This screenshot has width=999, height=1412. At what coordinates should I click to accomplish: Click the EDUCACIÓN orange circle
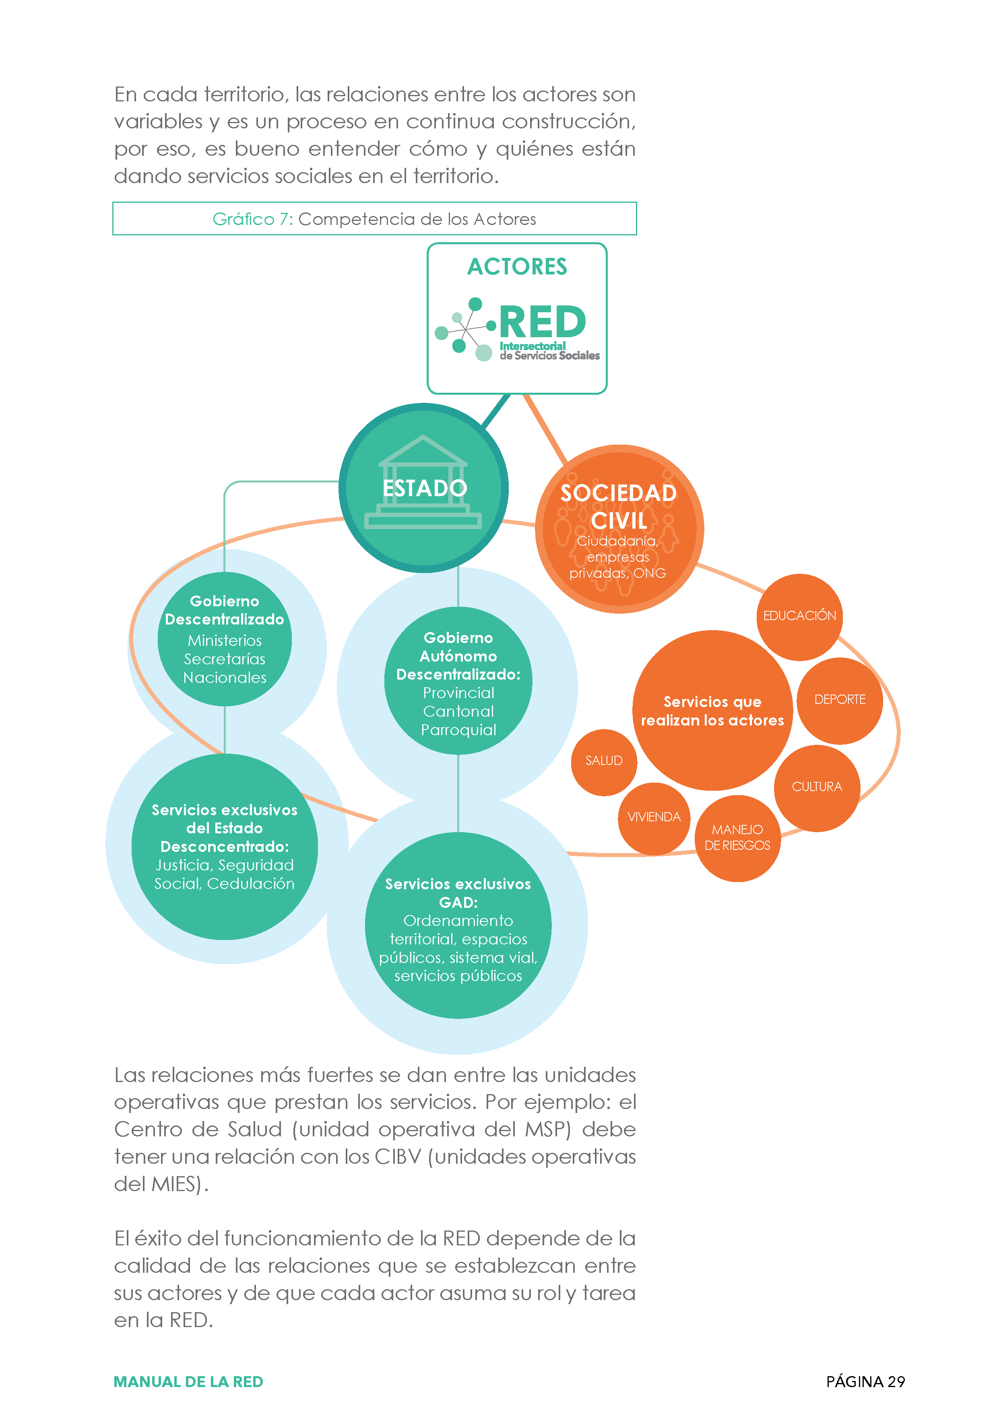coord(799,617)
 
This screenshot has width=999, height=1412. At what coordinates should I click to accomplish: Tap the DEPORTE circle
coord(840,701)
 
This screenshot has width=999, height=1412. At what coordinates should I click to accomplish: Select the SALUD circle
coord(604,762)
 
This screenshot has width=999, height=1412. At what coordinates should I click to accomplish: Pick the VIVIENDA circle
coord(654,818)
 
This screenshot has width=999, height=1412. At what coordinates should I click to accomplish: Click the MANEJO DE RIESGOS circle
coord(737,838)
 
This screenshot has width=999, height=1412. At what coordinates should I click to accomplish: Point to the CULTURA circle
coord(817,788)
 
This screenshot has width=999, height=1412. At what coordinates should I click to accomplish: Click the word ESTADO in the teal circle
coord(425,488)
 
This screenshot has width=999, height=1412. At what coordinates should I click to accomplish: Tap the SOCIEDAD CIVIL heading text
coord(618,507)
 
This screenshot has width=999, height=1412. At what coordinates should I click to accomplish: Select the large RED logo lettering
coord(542,322)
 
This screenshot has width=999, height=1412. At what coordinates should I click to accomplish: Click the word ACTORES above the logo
coord(517,266)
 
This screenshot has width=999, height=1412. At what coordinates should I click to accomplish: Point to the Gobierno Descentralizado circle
coord(225,639)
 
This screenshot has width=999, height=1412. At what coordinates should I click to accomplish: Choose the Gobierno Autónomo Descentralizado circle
coord(458,681)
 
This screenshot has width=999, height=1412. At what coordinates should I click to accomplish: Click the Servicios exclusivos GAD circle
coord(458,925)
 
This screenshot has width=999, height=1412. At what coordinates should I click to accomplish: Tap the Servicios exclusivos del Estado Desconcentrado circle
coord(225,846)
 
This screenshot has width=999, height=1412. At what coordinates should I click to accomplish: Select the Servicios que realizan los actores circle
coord(712,710)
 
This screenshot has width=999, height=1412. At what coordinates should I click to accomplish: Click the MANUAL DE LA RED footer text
coord(188,1381)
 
